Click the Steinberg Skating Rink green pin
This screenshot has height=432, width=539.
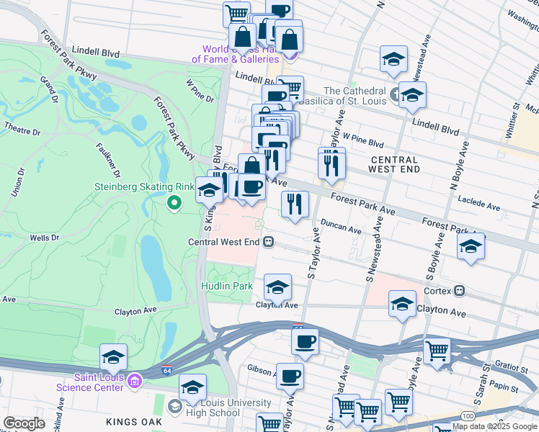pos(174,204)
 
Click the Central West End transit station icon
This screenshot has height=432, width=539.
pos(268,242)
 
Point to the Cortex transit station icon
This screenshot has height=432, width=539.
pos(459,292)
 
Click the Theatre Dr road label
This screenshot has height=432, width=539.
pos(22,131)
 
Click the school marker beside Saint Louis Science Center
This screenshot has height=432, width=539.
pos(113,356)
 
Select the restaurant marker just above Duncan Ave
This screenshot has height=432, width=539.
pos(295,204)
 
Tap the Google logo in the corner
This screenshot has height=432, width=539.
pos(24,424)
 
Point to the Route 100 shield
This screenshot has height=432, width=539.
pos(468,417)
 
